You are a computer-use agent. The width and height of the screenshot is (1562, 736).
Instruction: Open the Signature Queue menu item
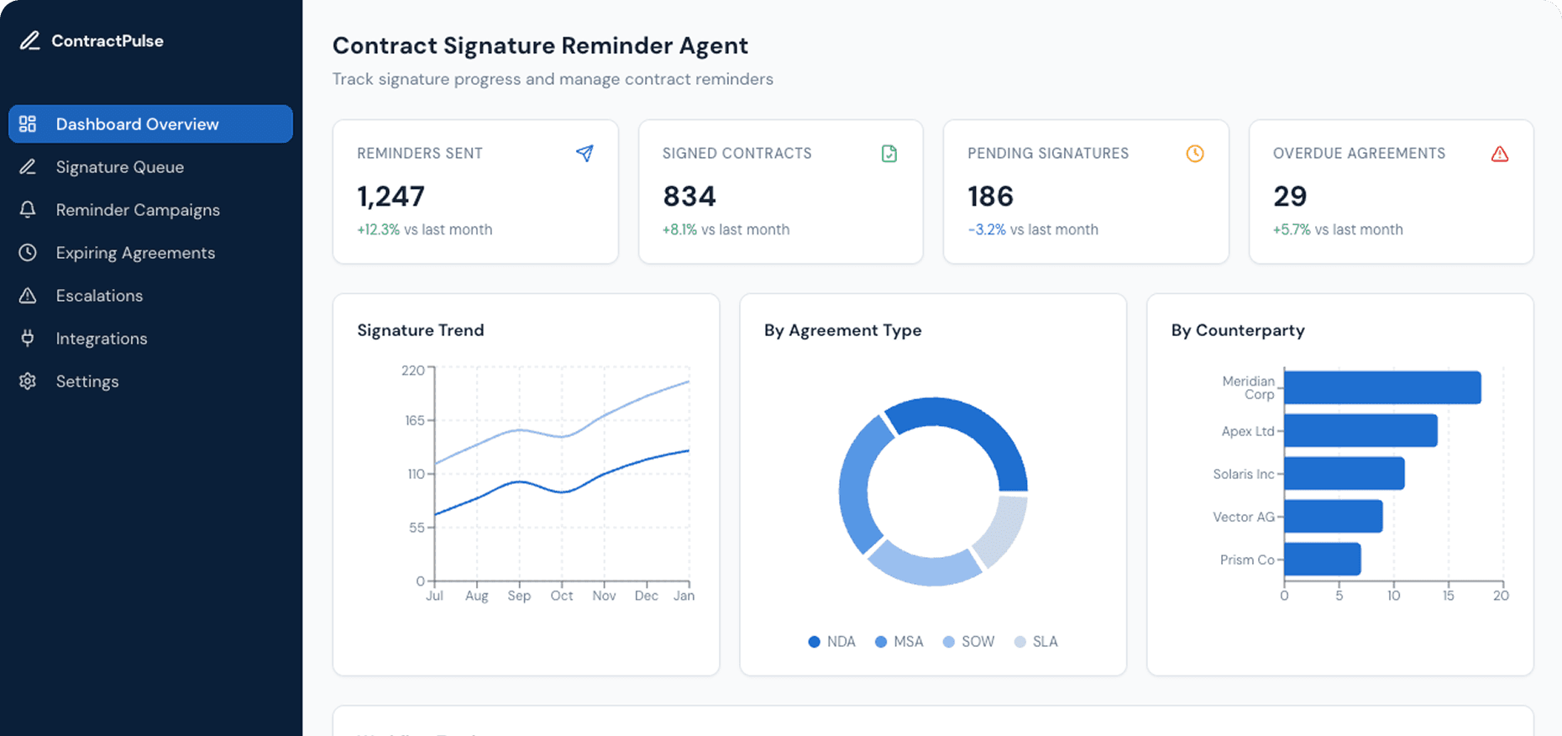click(119, 167)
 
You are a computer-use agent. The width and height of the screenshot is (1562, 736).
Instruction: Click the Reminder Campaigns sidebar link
click(138, 210)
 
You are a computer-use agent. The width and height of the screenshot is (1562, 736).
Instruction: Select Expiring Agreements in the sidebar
click(135, 253)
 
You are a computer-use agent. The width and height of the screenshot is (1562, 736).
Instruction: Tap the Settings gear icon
click(28, 381)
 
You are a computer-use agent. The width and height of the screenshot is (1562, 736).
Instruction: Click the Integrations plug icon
click(28, 339)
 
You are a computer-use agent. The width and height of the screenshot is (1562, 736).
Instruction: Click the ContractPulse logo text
click(107, 41)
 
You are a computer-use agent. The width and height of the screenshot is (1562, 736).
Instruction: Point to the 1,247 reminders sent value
click(391, 197)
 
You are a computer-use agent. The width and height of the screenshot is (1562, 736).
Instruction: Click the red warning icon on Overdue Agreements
click(1499, 154)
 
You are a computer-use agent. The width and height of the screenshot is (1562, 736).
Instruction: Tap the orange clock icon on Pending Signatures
click(1194, 154)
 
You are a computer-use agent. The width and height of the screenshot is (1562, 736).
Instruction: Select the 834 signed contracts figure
click(689, 197)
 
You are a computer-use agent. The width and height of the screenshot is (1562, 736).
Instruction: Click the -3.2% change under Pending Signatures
click(987, 229)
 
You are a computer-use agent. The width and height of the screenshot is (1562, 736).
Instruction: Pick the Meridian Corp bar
click(1381, 387)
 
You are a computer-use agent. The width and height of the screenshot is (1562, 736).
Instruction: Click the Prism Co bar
click(1322, 560)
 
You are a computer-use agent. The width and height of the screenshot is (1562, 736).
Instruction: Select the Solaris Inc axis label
click(1243, 474)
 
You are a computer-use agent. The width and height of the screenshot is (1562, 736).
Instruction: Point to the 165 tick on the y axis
click(415, 420)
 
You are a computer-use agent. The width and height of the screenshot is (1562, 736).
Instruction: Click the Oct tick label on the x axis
click(562, 596)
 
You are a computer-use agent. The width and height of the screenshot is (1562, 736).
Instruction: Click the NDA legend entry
click(832, 642)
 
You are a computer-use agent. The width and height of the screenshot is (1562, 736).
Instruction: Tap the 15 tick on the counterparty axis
click(1448, 596)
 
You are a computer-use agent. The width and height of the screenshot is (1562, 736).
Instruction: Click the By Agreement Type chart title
click(842, 330)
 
